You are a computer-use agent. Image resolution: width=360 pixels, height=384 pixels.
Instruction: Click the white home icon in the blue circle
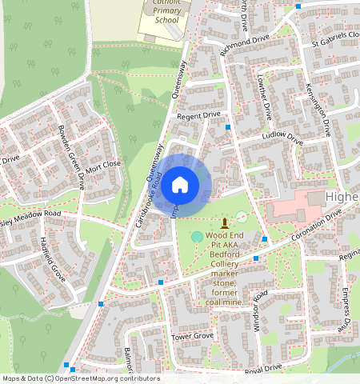[180, 185]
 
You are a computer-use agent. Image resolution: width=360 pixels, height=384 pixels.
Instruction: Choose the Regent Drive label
[198, 115]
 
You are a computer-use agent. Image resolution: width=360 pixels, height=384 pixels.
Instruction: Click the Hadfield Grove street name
[52, 257]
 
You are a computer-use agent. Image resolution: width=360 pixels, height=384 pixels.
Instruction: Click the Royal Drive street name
[264, 368]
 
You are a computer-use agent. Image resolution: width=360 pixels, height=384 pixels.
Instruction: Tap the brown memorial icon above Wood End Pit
[224, 221]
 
